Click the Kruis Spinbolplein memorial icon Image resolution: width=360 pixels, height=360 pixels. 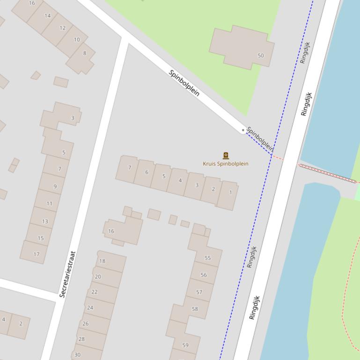tap(226, 156)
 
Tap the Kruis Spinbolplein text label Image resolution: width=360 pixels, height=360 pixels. tap(226, 164)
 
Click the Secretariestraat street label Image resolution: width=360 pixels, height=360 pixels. tap(67, 274)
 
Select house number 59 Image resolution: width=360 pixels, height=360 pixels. tap(185, 345)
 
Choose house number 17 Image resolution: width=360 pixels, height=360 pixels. tap(37, 254)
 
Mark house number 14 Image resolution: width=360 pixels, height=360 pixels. tap(47, 15)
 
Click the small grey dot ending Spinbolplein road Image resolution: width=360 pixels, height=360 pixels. tap(243, 130)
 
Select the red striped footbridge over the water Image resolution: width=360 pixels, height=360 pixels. tap(328, 173)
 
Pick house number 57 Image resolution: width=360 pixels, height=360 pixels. tap(199, 292)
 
